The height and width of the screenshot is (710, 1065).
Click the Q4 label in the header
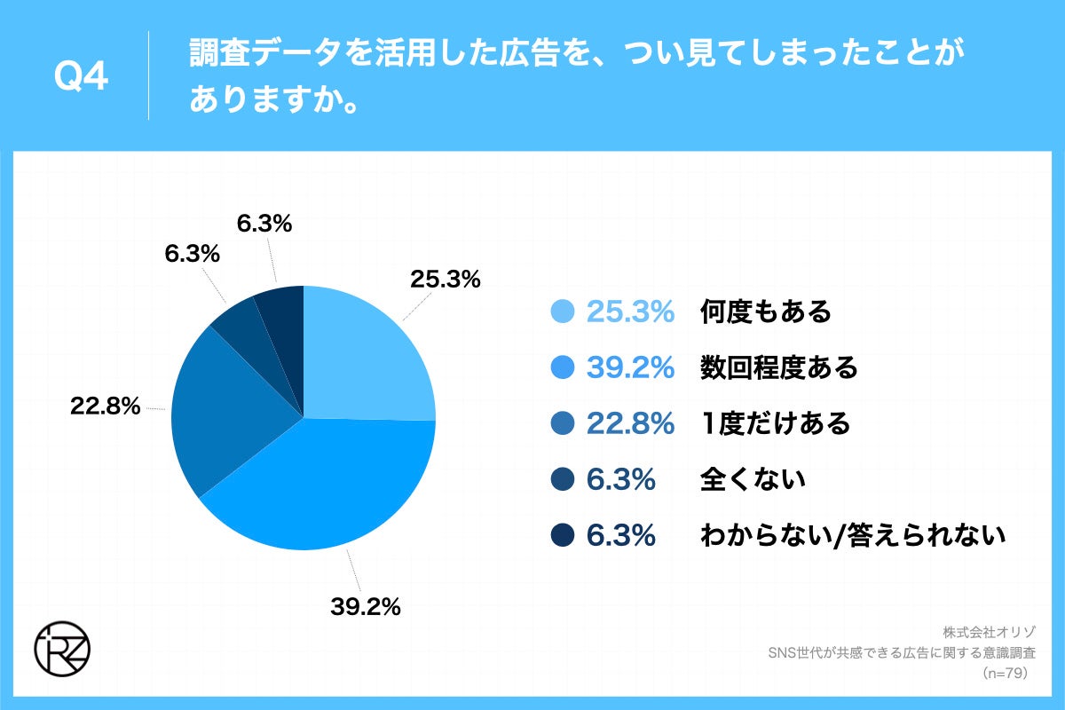coord(81,77)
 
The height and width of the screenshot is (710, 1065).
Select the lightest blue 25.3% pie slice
coord(364,355)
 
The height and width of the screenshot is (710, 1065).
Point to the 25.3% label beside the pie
coord(445,280)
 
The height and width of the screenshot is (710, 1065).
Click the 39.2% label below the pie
coord(366,607)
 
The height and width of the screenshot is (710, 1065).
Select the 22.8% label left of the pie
coord(106,406)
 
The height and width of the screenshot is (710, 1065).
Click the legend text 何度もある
coord(765,312)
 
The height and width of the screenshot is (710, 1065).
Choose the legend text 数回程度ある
coord(778,367)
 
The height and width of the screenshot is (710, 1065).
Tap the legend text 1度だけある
coord(775,423)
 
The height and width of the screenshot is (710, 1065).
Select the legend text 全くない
coord(753,480)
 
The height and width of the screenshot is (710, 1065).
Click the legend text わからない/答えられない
coord(852,536)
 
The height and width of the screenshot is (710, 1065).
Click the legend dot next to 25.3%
coord(564,312)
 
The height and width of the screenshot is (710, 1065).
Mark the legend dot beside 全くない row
coord(564,480)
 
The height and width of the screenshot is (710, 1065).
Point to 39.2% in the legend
coord(631,367)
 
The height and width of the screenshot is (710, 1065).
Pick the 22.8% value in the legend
coord(631,423)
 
